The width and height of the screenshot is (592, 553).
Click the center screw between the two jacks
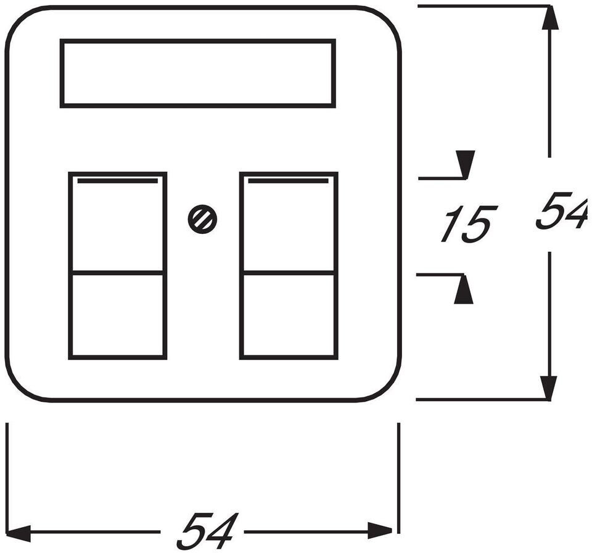(202, 220)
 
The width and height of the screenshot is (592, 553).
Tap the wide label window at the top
(198, 73)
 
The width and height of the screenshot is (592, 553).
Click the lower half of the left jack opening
(118, 314)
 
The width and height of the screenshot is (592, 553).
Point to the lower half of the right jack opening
(289, 314)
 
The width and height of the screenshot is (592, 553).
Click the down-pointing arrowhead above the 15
(465, 164)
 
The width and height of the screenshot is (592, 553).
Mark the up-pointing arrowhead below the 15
(463, 290)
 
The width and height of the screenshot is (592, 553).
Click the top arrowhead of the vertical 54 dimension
(549, 19)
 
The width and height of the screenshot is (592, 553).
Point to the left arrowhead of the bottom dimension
(18, 531)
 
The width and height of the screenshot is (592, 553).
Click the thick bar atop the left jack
(118, 181)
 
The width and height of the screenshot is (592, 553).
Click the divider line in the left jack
(118, 272)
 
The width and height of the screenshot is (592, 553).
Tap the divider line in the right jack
(289, 272)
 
